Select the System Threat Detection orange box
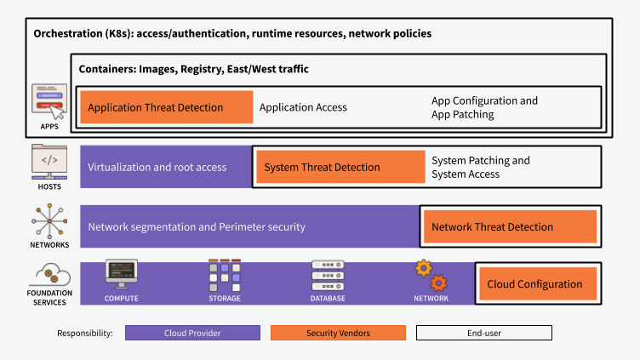coord(340,167)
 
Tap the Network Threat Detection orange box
coord(510,226)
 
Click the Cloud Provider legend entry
coord(192,333)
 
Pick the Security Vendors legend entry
coord(338,333)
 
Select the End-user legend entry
coord(483,333)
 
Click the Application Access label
coord(303,107)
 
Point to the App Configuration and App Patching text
coord(484,107)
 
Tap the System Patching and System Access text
coord(480,167)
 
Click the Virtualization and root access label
coord(157,167)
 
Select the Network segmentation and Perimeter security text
coord(197,227)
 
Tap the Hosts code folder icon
coord(49,161)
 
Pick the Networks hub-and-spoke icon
coord(49,220)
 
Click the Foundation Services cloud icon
coord(49,274)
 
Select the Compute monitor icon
coord(121,275)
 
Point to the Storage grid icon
coord(225,275)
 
